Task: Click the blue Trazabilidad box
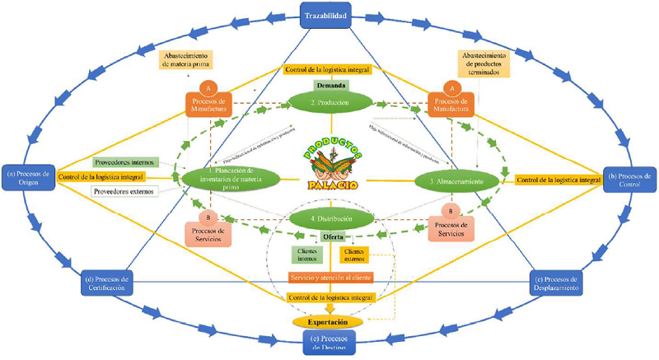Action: tap(329, 15)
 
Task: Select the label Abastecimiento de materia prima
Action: tap(190, 63)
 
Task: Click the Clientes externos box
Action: tap(355, 255)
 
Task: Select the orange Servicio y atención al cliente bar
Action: tap(329, 278)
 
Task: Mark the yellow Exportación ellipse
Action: tap(329, 320)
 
